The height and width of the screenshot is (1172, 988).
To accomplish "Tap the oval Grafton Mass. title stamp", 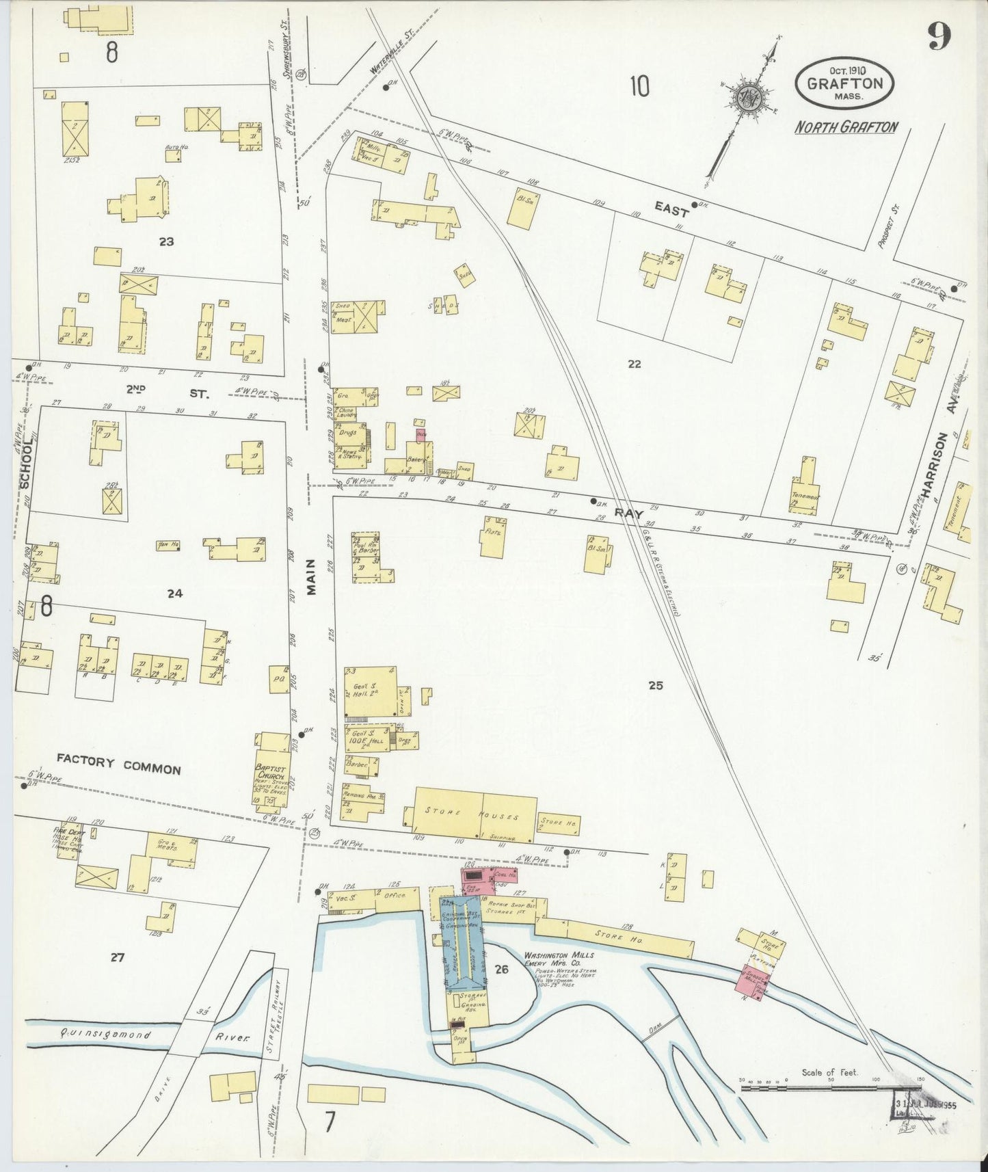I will pos(844,82).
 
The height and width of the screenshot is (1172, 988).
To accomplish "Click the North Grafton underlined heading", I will pos(846,126).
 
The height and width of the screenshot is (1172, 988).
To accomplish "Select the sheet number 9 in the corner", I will pos(939,37).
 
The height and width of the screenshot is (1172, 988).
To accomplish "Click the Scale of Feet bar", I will pos(831,1087).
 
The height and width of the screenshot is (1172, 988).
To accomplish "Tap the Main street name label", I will pos(311,576).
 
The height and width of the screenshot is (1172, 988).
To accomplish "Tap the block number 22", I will pos(634,364).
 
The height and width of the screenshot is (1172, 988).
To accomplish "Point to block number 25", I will pos(655,684).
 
